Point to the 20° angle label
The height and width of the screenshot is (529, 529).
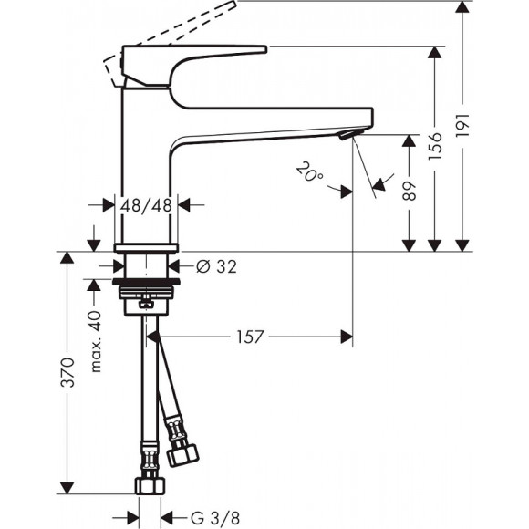311,172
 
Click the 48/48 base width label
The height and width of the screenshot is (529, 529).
147,205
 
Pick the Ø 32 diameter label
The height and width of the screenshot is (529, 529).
217,266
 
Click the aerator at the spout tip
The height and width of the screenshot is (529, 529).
346,136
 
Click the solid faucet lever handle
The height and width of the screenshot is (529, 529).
192,57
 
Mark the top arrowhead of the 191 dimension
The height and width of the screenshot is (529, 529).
463,8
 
